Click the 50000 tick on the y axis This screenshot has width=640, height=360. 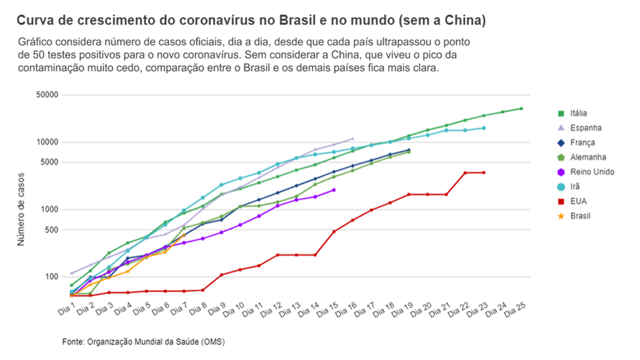(48, 95)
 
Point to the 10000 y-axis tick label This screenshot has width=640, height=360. (48, 142)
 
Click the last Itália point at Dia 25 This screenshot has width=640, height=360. (521, 108)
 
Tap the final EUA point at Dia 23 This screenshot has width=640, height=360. (483, 172)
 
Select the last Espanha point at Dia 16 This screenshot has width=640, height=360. (352, 138)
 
